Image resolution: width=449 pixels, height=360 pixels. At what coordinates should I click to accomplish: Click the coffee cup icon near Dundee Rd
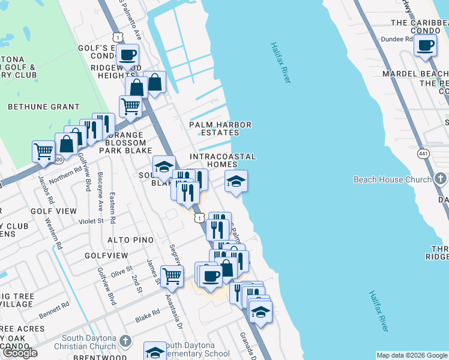(425, 46)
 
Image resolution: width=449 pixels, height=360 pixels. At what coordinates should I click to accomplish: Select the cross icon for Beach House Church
(440, 179)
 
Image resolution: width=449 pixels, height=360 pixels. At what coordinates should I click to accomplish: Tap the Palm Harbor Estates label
(220, 128)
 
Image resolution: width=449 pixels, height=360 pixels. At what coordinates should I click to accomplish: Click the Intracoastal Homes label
(223, 160)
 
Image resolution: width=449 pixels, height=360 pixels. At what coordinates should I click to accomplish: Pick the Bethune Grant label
(43, 106)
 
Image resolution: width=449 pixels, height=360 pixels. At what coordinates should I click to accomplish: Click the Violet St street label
(92, 220)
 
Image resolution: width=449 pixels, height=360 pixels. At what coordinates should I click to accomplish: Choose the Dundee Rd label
(397, 38)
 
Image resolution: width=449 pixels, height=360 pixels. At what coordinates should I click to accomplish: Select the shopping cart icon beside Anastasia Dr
(172, 277)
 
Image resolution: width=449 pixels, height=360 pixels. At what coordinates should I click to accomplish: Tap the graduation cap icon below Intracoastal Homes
(236, 181)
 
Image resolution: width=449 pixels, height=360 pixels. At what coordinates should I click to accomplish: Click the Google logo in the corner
(20, 353)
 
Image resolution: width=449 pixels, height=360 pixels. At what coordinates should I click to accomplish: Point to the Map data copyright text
(412, 355)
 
